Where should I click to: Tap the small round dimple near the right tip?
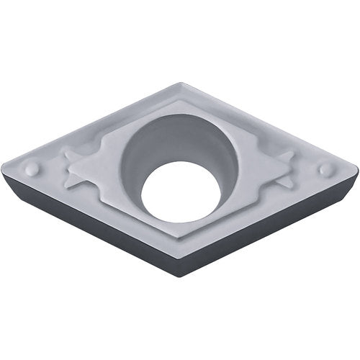click(326, 168)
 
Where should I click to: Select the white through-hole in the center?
click(180, 192)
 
